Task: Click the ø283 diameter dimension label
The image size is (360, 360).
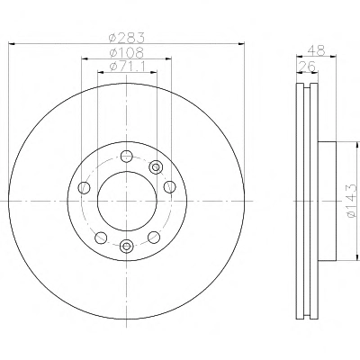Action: coord(127,38)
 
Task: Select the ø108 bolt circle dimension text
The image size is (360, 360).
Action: coord(127,53)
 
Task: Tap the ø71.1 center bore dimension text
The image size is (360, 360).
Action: coord(127,66)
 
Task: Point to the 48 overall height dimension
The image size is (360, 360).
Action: coord(316,50)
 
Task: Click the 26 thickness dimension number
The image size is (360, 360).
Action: coord(307,67)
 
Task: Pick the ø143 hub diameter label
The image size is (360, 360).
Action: coord(352,201)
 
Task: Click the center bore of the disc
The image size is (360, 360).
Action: coord(127,202)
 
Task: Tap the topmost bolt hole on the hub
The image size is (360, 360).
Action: coord(127,156)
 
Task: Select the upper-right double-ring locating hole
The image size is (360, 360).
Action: coord(156,166)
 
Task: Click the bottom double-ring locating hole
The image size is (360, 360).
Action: coord(127,246)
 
